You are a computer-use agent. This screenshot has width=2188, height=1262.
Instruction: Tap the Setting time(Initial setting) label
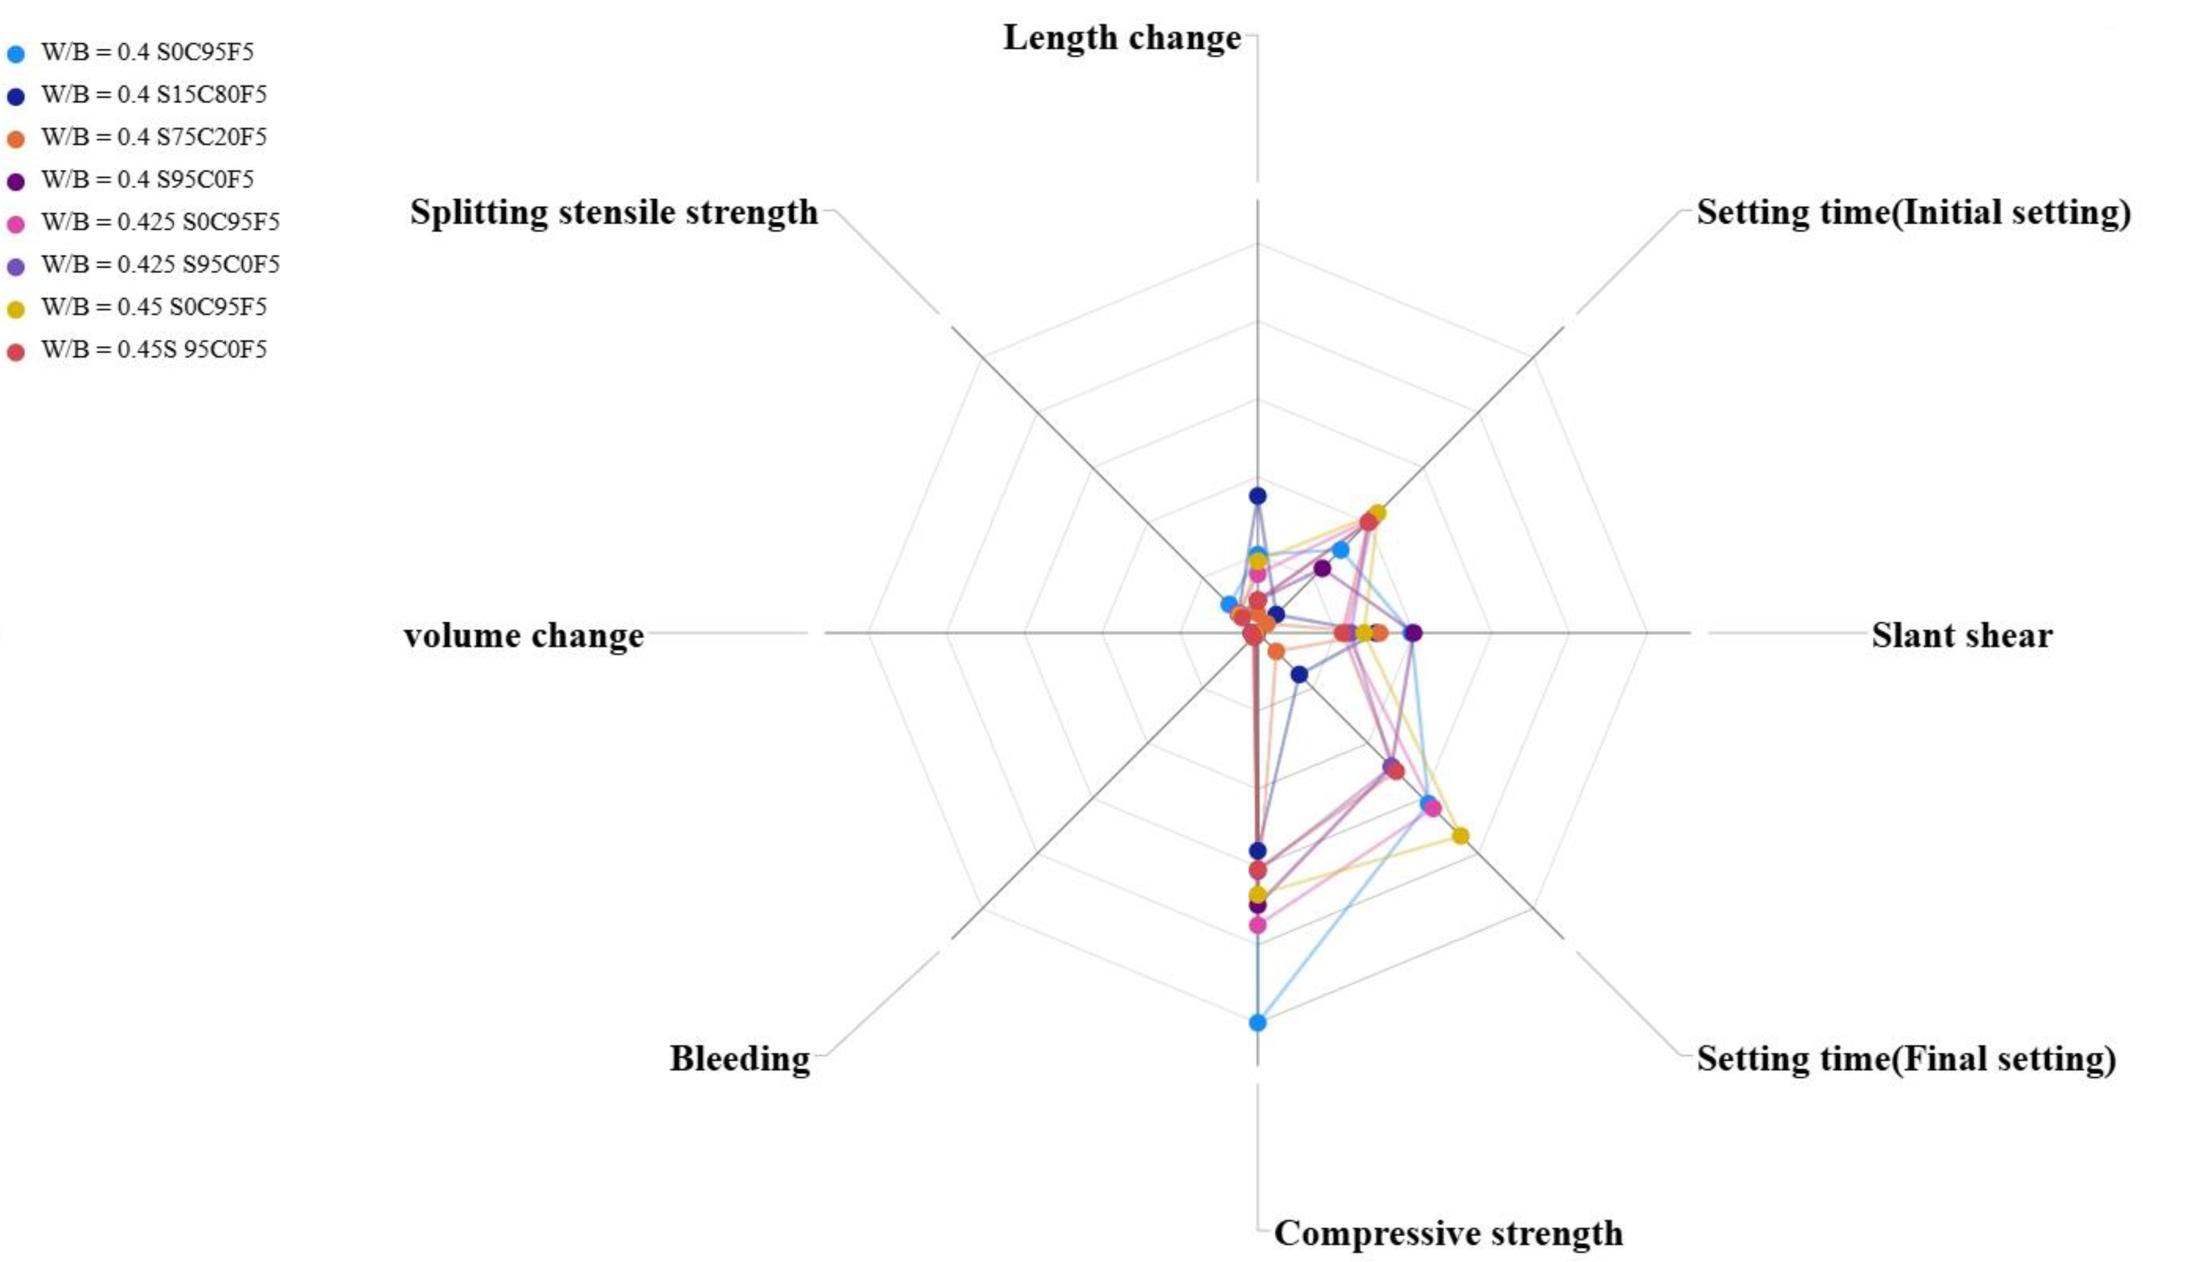tap(1913, 212)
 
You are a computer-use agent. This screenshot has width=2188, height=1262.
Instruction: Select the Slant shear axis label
tap(1961, 636)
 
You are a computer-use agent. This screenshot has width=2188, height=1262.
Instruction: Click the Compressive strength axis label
tap(1448, 1232)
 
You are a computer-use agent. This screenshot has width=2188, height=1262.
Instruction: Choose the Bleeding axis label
tap(739, 1058)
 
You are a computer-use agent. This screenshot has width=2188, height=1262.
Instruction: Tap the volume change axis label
tap(524, 636)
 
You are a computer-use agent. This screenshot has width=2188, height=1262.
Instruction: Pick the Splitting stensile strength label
tap(613, 212)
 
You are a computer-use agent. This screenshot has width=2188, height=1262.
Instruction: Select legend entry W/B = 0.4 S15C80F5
tap(153, 95)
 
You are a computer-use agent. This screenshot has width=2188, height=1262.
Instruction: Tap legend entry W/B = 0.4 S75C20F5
tap(153, 138)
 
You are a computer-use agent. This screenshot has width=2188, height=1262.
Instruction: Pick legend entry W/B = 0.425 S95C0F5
tap(161, 264)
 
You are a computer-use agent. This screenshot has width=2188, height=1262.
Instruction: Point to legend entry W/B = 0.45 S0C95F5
tap(153, 307)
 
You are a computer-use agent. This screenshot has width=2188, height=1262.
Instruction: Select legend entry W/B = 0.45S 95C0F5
tap(153, 349)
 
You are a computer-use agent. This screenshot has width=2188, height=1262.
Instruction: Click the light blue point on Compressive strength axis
tap(1257, 1023)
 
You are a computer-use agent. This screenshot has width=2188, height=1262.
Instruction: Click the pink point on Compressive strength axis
tap(1257, 925)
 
